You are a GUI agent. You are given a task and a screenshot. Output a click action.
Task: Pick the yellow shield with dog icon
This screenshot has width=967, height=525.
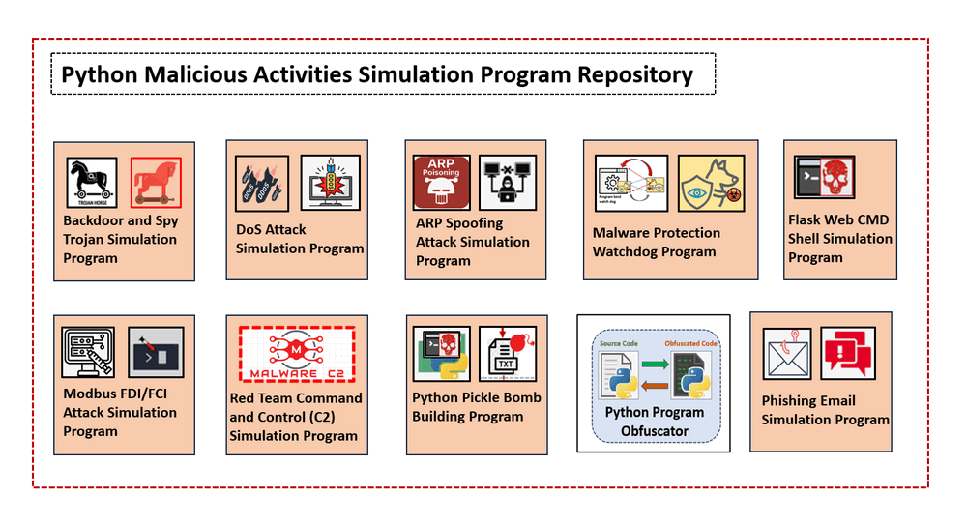click(711, 183)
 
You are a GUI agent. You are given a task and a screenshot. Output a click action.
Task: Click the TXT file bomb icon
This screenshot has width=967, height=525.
click(508, 354)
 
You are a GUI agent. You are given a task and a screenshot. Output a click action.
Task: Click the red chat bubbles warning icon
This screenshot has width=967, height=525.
click(848, 353)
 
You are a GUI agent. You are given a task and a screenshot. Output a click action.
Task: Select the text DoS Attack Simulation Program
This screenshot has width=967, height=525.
click(300, 239)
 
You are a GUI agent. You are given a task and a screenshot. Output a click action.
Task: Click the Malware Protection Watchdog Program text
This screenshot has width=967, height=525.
click(657, 242)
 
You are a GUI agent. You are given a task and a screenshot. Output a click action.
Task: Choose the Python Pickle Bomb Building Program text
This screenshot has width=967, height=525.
click(476, 407)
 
